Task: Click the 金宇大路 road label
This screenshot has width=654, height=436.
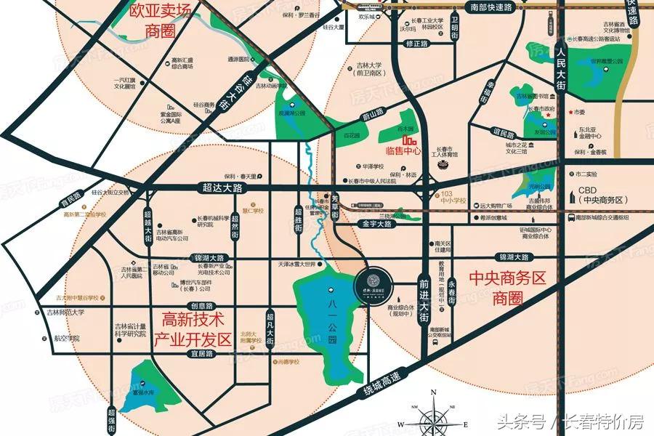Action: pyautogui.click(x=376, y=225)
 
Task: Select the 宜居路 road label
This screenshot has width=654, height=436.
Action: pyautogui.click(x=200, y=354)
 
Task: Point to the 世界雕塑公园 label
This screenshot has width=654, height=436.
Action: pyautogui.click(x=607, y=61)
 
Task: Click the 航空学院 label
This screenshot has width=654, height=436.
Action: pyautogui.click(x=67, y=339)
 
